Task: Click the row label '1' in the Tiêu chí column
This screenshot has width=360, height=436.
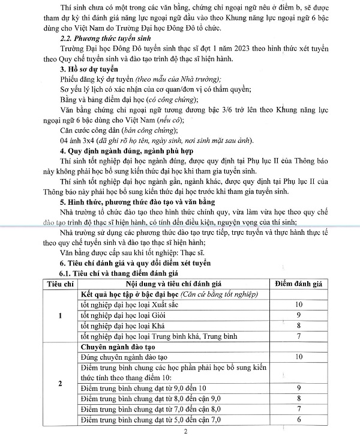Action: pyautogui.click(x=59, y=316)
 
